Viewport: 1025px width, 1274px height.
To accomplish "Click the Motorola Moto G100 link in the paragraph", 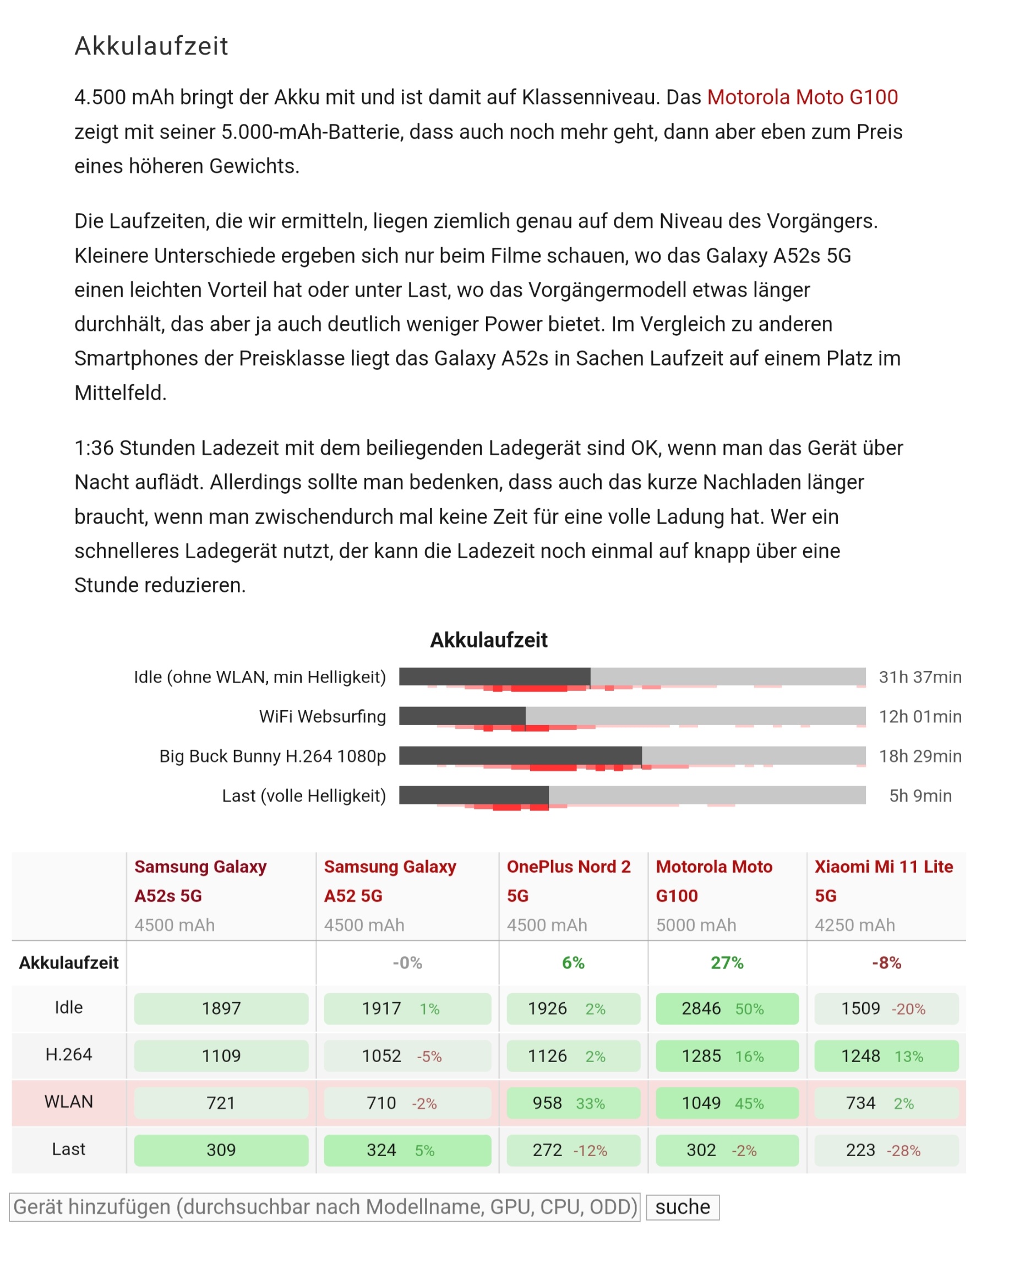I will pos(802,97).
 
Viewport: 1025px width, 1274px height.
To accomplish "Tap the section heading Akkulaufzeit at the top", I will pos(151,46).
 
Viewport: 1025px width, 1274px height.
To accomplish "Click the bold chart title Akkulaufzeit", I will pos(489,640).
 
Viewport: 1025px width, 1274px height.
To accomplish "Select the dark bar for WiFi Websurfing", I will pos(462,716).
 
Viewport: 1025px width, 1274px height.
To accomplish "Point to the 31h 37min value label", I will pos(920,677).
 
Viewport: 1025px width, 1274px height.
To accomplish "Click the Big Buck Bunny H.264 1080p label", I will pos(272,756).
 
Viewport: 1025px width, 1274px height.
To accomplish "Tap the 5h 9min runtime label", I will pos(920,796).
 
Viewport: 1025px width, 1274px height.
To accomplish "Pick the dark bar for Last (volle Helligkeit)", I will pos(474,795).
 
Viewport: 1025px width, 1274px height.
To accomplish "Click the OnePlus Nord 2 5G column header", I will pos(568,881).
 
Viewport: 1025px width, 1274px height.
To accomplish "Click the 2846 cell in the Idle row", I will pos(727,1009).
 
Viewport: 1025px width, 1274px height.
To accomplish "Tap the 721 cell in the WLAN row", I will pos(221,1103).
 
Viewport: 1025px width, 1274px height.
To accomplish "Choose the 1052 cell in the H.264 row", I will pos(407,1056).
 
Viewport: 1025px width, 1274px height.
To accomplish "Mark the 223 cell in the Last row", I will pos(886,1151).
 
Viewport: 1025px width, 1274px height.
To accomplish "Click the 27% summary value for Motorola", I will pos(727,963).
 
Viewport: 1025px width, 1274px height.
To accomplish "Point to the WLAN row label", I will pos(68,1102).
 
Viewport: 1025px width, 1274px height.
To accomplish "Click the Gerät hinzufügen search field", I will pos(325,1207).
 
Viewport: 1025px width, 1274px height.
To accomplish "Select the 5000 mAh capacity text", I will pos(696,925).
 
